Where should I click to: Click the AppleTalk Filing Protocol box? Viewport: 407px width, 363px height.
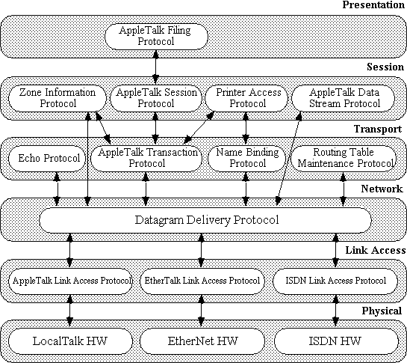coord(156,37)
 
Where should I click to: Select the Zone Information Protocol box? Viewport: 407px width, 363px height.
coord(58,98)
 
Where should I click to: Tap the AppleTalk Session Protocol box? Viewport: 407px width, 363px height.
coord(156,98)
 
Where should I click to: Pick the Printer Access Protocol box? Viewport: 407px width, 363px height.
coord(246,98)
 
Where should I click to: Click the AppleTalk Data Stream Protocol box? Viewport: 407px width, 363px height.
coord(343,98)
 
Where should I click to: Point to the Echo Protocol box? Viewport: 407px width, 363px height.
coord(47,158)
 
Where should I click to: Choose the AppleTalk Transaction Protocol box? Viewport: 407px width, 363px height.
coord(146,158)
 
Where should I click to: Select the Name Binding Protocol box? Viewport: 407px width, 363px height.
coord(246,158)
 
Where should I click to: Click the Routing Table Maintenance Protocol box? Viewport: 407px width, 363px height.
coord(344,158)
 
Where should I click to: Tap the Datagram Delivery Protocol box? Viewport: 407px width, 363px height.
coord(205,220)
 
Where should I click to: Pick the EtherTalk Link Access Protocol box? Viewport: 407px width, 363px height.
coord(202,281)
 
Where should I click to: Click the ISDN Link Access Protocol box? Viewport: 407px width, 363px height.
coord(335,281)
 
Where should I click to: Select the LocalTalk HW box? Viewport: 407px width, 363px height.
coord(71,341)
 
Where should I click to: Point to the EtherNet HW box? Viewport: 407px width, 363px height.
coord(202,341)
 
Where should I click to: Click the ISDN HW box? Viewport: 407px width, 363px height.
coord(336,341)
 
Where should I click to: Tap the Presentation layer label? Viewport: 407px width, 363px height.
coord(373,5)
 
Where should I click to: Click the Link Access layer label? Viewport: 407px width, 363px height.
coord(376,250)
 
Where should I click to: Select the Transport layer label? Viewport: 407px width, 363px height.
coord(378,129)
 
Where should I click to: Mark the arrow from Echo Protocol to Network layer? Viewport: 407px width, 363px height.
coord(57,189)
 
